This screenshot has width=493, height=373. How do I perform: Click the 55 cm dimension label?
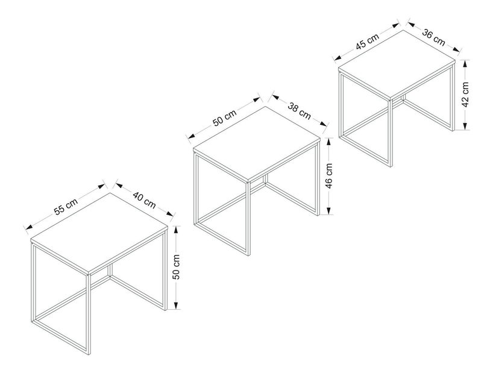[66, 207]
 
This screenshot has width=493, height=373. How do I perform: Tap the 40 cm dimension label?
[144, 200]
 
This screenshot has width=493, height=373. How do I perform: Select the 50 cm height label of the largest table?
[177, 267]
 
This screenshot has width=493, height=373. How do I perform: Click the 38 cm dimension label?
[300, 111]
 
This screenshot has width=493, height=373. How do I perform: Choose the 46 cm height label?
[329, 176]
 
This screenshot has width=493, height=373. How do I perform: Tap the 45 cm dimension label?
[368, 42]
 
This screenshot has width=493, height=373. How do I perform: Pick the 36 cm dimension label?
[433, 37]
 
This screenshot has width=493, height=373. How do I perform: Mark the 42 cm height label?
[466, 95]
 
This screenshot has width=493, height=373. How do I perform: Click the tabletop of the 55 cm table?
[99, 233]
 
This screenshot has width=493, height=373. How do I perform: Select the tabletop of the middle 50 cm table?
[257, 143]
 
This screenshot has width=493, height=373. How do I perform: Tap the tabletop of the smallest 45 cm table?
[397, 64]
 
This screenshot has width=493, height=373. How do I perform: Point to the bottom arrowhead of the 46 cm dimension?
[329, 210]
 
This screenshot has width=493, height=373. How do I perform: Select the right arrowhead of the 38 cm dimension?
[324, 123]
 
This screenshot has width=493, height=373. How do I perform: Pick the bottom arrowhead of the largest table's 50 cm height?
[177, 305]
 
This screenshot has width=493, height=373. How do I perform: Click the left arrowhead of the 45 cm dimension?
[338, 57]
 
